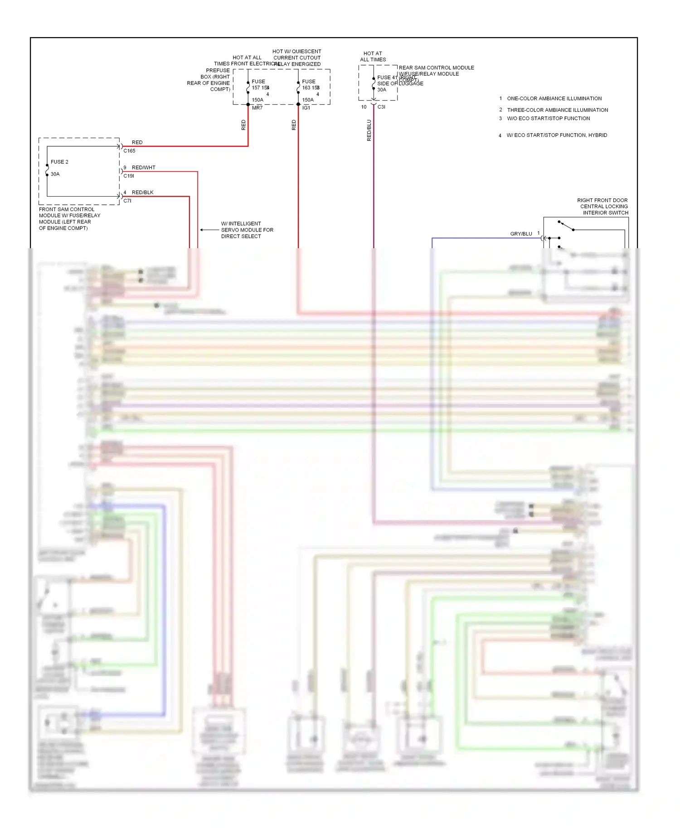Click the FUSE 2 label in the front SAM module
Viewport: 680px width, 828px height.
tap(59, 162)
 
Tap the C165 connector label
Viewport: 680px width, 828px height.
tap(129, 151)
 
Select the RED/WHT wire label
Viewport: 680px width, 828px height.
tap(143, 168)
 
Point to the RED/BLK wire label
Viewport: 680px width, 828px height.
tap(142, 193)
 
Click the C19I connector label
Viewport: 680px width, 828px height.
tap(129, 176)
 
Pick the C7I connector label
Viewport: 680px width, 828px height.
tap(127, 201)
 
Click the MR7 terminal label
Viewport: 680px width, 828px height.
tap(257, 108)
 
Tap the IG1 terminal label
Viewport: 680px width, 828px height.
tap(306, 108)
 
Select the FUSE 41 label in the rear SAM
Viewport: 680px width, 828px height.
tap(387, 77)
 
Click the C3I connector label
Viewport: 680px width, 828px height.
tap(381, 107)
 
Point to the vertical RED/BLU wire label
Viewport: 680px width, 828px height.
tap(369, 130)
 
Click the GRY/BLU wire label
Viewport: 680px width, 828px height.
tap(521, 234)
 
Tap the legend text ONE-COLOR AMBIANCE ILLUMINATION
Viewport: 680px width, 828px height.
tap(554, 98)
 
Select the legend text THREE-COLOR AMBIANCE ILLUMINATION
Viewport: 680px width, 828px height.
tap(557, 110)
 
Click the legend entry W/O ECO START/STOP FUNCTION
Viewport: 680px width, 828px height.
tap(548, 119)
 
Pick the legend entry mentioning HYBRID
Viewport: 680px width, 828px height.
tap(556, 135)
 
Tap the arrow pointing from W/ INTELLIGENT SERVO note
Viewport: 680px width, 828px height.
tap(209, 230)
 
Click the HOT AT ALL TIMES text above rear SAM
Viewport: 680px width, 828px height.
tap(373, 57)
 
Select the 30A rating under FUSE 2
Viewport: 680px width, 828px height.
tap(55, 174)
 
